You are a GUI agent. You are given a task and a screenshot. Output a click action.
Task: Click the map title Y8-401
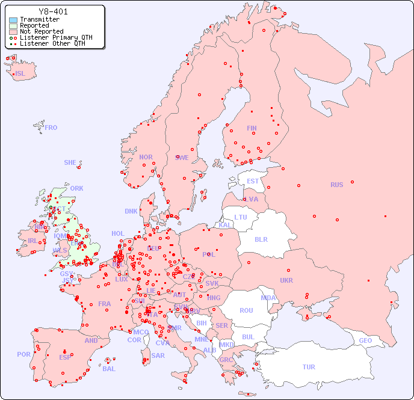pos(53,11)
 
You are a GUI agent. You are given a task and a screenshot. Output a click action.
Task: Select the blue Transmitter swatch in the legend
pos(13,20)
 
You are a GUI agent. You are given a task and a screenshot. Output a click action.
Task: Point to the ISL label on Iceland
pos(20,73)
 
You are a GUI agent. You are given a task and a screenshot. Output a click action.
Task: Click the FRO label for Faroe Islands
pos(51,128)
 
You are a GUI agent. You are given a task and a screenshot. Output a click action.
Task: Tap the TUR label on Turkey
pos(309,367)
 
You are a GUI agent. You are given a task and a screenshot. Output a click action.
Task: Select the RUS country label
pos(336,185)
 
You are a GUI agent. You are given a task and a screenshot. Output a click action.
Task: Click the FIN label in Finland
pos(252,128)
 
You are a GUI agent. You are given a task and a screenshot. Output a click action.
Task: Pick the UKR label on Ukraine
pos(286,280)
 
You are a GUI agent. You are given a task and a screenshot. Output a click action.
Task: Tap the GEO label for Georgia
pos(365,340)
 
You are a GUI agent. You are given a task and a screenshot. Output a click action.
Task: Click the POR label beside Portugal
pos(23,354)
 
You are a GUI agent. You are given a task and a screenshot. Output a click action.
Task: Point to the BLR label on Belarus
pos(261,239)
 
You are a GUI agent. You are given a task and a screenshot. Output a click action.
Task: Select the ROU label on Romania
pos(246,310)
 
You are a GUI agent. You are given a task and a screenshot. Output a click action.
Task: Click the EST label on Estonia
pos(253,181)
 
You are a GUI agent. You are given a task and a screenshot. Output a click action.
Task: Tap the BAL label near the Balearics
pos(109,369)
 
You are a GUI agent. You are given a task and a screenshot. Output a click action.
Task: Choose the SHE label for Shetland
pos(70,162)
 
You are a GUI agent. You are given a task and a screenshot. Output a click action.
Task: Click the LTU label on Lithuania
pos(241,217)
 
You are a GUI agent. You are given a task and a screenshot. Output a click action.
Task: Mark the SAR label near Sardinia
pos(158,355)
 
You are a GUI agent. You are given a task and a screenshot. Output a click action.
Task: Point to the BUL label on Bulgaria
pos(248,337)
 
